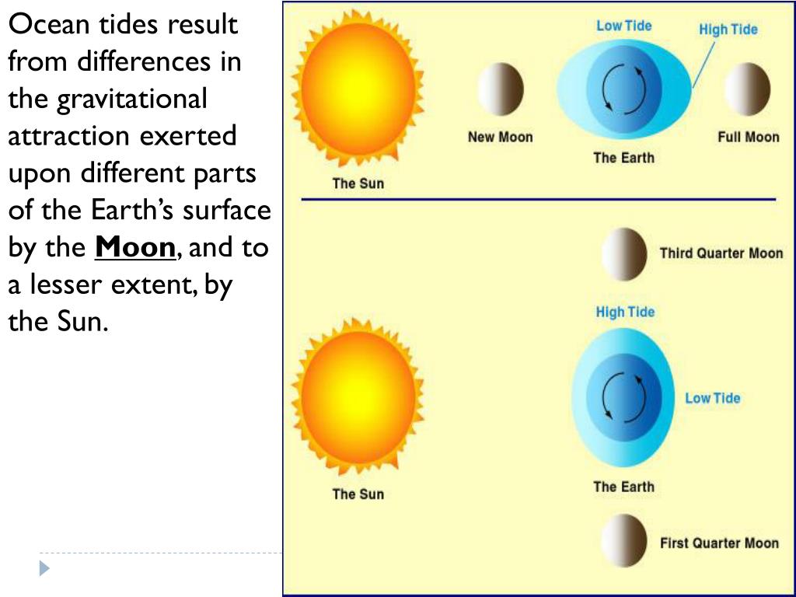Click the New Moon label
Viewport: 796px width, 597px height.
500,138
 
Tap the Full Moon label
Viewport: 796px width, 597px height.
748,138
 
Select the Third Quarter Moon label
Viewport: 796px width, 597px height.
721,253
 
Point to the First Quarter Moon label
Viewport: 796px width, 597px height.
719,543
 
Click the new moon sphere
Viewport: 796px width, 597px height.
501,89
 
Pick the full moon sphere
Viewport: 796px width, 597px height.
747,89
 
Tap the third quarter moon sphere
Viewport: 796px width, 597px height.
624,254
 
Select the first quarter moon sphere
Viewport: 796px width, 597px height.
624,540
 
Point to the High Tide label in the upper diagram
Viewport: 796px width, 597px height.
728,30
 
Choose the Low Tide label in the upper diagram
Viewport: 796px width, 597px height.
623,26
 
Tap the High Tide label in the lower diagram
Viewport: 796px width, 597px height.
625,312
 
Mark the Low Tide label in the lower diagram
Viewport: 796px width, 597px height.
712,399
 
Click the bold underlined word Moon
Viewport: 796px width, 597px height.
135,248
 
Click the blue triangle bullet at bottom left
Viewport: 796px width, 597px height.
44,568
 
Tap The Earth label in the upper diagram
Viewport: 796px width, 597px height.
623,159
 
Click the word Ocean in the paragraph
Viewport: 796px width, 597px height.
48,25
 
